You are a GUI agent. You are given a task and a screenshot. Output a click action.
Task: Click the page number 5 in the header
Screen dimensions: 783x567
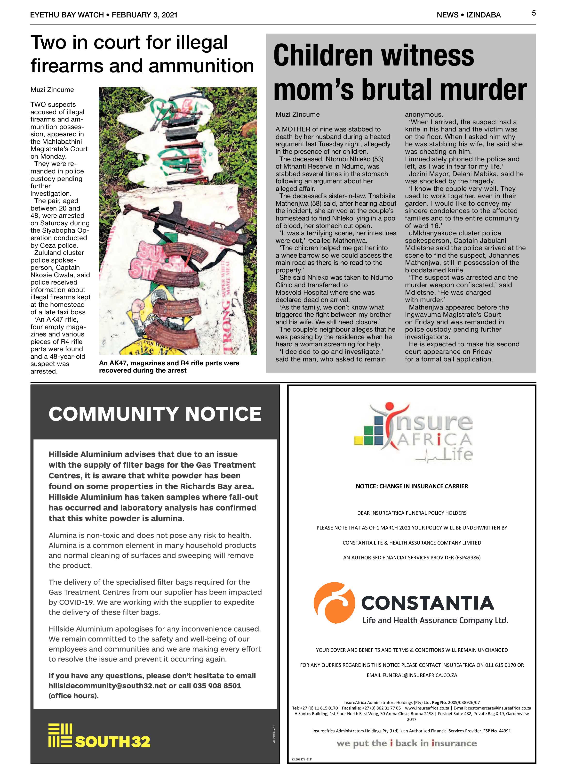(x=534, y=13)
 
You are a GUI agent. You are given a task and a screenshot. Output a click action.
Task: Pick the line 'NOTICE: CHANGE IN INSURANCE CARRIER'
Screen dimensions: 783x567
(x=412, y=486)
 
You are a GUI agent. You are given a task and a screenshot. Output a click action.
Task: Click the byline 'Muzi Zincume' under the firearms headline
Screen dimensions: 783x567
(x=52, y=90)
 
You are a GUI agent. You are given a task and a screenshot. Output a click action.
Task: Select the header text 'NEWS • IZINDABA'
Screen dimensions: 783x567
(x=468, y=15)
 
